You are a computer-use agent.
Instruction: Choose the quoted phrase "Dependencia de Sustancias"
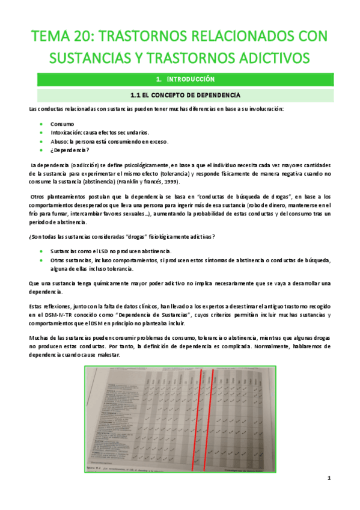pyautogui.click(x=139, y=315)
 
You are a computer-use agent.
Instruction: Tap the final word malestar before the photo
pyautogui.click(x=107, y=355)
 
